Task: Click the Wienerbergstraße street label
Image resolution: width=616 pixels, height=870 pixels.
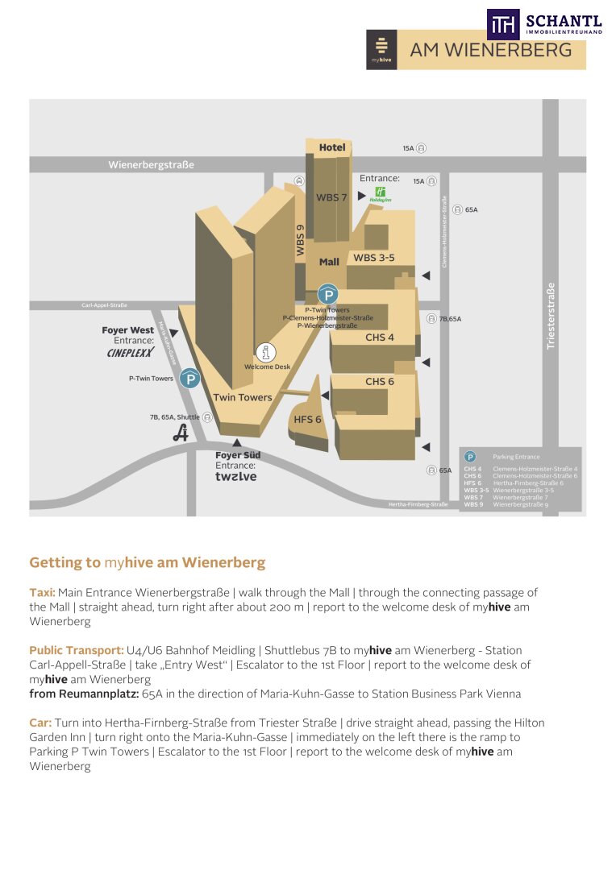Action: pyautogui.click(x=152, y=165)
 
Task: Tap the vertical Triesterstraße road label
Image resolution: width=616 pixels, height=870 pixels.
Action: pyautogui.click(x=551, y=315)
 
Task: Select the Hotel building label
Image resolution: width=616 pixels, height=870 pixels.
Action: pyautogui.click(x=332, y=147)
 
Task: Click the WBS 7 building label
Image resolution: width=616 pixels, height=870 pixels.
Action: pyautogui.click(x=331, y=197)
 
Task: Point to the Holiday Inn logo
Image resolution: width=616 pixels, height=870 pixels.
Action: pyautogui.click(x=380, y=194)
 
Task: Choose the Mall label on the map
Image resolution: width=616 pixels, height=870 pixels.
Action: pyautogui.click(x=329, y=262)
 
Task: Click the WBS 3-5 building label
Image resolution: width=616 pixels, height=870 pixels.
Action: pyautogui.click(x=374, y=258)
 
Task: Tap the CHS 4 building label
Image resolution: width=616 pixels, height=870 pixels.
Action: pyautogui.click(x=380, y=338)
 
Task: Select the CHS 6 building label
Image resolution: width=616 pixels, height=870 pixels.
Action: pyautogui.click(x=380, y=381)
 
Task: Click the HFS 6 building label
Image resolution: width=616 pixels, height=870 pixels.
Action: pyautogui.click(x=308, y=420)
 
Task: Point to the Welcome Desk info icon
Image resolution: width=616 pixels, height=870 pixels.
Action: pyautogui.click(x=266, y=352)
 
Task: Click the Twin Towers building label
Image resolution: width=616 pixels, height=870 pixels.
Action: pyautogui.click(x=243, y=397)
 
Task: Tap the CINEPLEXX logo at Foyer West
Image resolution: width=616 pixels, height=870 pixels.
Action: pyautogui.click(x=130, y=352)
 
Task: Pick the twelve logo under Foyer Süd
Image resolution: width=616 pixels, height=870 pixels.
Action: pyautogui.click(x=235, y=477)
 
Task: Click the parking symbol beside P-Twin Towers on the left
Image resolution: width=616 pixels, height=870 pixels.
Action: pyautogui.click(x=190, y=379)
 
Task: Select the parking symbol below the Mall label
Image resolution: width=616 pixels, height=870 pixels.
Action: pyautogui.click(x=327, y=294)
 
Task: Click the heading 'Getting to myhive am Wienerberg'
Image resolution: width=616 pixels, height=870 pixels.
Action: pyautogui.click(x=147, y=562)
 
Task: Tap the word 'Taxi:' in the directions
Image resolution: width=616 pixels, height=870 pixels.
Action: pyautogui.click(x=42, y=593)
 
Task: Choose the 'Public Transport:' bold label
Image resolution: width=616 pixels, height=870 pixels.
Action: pyautogui.click(x=77, y=650)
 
